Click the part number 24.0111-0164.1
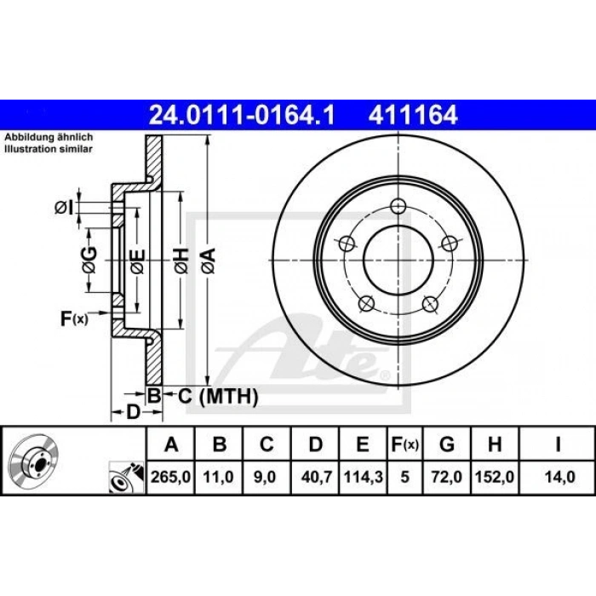(x=244, y=113)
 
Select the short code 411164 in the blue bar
(x=412, y=113)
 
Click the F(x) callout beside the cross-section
(x=74, y=319)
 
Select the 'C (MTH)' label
(x=204, y=395)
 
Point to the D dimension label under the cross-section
(x=133, y=413)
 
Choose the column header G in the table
(x=446, y=444)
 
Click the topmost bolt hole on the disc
(x=398, y=206)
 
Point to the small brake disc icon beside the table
(x=32, y=460)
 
